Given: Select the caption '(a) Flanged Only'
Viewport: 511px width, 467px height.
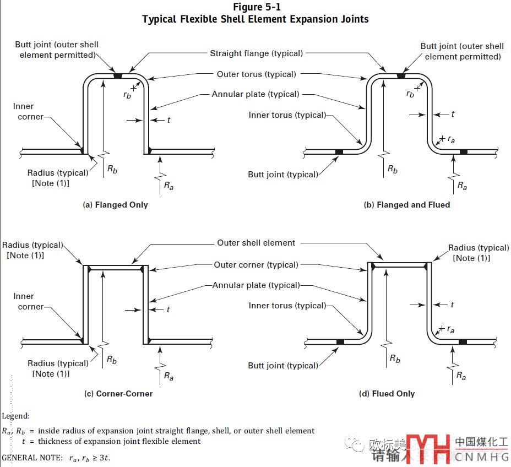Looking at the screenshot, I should [x=115, y=205].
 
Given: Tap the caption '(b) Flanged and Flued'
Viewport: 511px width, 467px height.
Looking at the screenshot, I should [x=407, y=205].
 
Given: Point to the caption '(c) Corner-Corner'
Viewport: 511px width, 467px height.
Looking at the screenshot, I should [x=118, y=394].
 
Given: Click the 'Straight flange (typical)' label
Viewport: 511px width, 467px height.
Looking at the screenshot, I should [x=257, y=53].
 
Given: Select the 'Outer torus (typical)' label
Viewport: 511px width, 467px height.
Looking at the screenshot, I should [x=257, y=74].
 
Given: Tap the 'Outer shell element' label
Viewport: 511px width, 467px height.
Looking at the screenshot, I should [x=256, y=243].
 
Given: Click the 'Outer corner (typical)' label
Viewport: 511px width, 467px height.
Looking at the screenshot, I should [x=256, y=264].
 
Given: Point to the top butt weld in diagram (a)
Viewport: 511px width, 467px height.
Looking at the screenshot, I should [x=118, y=75].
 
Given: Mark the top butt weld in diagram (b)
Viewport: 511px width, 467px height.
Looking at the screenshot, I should [x=400, y=75].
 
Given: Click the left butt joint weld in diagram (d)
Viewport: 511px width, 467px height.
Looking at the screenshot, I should [x=340, y=342].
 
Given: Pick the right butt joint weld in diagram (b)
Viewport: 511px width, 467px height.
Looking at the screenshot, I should [x=464, y=151].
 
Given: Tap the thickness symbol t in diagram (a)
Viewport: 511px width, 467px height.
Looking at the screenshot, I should [x=168, y=120].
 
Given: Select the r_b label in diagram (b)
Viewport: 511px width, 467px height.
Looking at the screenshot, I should [x=410, y=94].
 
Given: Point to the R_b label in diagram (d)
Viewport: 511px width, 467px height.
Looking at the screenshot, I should [x=395, y=359].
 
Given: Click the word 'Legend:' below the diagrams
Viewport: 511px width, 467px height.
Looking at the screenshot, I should [x=15, y=416].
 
